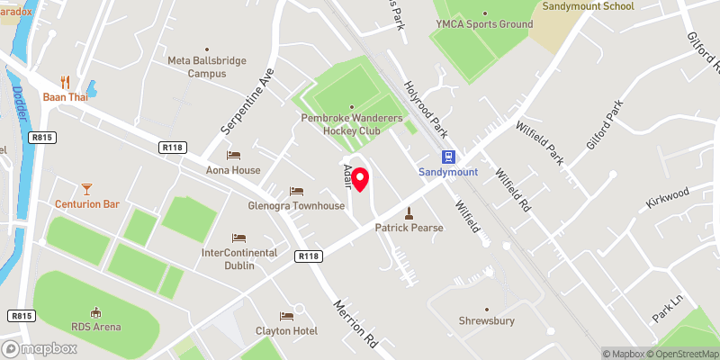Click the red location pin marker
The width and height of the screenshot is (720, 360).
coord(360,179)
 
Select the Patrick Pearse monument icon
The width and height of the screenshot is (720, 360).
coord(409,213)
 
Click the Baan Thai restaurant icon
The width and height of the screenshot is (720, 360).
coord(65,81)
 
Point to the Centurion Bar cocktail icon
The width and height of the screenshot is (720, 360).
coord(86,189)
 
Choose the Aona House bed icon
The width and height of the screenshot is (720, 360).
coord(233,156)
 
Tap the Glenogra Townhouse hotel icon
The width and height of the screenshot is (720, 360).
coord(296,191)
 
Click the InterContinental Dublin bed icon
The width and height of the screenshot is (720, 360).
coord(238,238)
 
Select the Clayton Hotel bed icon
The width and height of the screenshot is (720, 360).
coord(286,316)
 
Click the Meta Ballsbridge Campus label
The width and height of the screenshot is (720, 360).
coord(207,67)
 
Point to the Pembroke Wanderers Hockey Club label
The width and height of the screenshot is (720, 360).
coord(352,124)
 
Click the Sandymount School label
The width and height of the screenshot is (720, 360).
coord(588,6)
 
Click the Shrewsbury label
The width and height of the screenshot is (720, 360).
coord(487,320)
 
